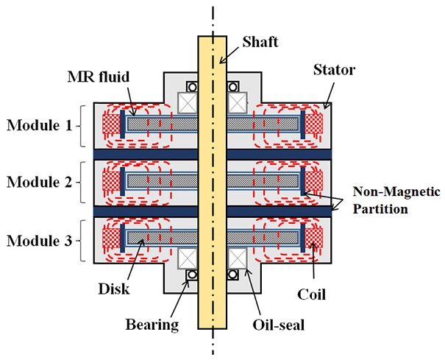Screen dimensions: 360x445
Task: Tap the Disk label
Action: (117, 289)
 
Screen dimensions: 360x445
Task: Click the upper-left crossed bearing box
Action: (188, 100)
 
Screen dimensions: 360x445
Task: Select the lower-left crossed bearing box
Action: (188, 258)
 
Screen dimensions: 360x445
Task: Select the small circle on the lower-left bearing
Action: (192, 276)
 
